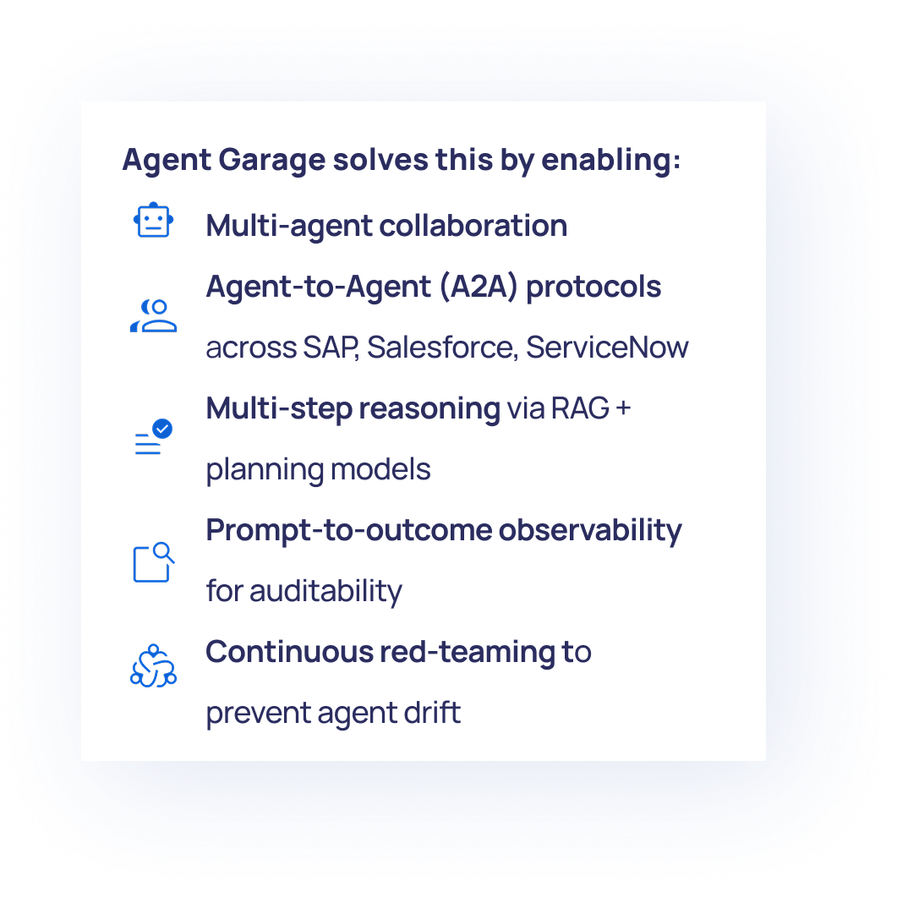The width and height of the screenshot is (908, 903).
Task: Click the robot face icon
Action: (x=153, y=221)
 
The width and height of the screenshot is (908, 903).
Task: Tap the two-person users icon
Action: (x=153, y=315)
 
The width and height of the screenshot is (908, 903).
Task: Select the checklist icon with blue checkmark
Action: (x=153, y=437)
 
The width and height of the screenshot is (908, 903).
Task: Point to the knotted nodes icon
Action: (x=153, y=665)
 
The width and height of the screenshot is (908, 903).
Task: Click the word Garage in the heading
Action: (x=270, y=160)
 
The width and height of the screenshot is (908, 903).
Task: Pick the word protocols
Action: (x=593, y=287)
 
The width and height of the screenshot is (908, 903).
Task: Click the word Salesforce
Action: (x=441, y=348)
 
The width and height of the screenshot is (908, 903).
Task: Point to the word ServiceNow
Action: (x=607, y=348)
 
